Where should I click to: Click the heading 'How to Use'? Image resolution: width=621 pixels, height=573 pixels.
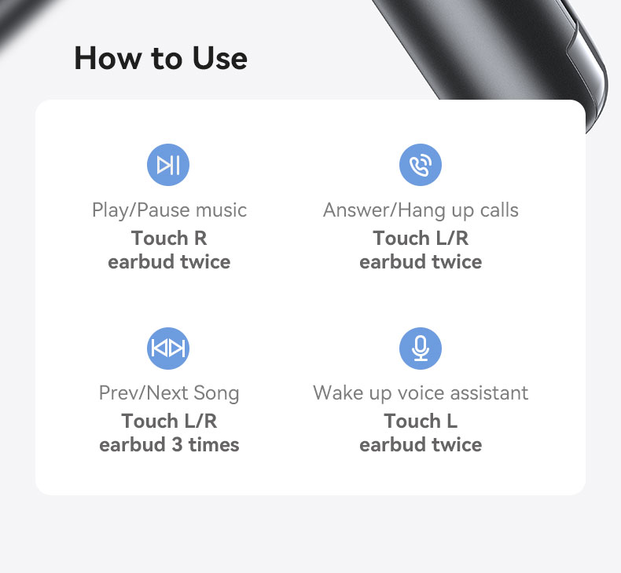(161, 58)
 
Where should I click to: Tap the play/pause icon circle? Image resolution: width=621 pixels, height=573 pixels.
(168, 165)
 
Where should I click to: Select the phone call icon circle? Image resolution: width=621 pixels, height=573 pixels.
(421, 165)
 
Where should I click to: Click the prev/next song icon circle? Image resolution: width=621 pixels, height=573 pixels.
(168, 348)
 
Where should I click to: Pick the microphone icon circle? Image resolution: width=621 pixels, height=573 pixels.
(421, 348)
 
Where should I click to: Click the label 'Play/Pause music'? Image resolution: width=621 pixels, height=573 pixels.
(169, 210)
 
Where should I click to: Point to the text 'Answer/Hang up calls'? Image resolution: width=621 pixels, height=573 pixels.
(421, 210)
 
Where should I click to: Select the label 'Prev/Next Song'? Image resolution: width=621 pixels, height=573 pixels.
(169, 393)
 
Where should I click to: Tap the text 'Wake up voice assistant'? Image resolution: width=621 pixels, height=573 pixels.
(421, 393)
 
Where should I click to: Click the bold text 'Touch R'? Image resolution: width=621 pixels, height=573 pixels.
(169, 238)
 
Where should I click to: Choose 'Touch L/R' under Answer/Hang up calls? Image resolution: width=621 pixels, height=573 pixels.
(421, 238)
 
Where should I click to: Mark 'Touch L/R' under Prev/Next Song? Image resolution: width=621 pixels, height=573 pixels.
(169, 421)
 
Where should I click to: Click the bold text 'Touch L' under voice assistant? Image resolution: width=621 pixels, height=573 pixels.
(421, 421)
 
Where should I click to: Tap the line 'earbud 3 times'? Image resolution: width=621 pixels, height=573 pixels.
(169, 445)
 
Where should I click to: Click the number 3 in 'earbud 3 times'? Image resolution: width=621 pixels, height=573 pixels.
(177, 445)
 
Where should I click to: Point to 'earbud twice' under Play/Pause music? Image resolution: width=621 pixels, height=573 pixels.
(169, 262)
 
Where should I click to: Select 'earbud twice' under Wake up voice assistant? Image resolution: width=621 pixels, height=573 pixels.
(421, 445)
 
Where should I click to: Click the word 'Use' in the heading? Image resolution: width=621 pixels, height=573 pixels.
(220, 58)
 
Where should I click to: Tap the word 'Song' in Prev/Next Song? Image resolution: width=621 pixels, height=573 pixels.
(216, 394)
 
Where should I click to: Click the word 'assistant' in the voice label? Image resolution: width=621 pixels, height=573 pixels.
(489, 393)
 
